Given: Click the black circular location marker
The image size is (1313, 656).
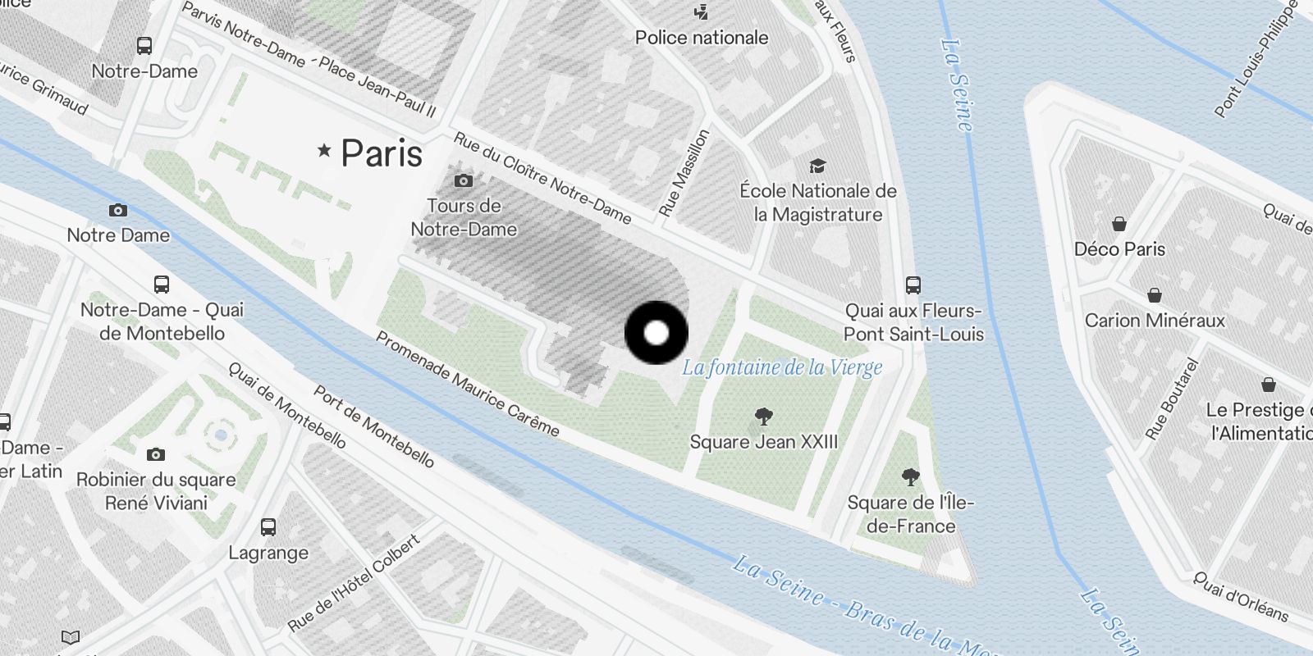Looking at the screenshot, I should click(x=656, y=333).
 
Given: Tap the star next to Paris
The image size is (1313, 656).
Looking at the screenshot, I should click(x=324, y=150).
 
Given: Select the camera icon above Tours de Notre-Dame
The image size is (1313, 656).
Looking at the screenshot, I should click(x=464, y=180).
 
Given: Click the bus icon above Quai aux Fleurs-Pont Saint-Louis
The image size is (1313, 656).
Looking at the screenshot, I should click(x=913, y=285).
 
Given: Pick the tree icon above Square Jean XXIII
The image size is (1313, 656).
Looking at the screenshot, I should click(x=764, y=417).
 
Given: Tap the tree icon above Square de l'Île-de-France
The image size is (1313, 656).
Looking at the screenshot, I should click(x=910, y=477).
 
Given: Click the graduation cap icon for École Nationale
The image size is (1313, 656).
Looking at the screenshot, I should click(x=817, y=166).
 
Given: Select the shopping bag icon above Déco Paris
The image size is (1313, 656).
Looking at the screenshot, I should click(x=1119, y=224).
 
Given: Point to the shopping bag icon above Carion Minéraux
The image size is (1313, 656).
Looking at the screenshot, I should click(x=1155, y=295).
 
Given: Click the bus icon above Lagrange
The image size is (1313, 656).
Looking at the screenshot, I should click(x=268, y=527).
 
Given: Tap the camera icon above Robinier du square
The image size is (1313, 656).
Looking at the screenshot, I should click(x=156, y=454).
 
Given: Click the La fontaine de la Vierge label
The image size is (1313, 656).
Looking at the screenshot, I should click(x=782, y=367).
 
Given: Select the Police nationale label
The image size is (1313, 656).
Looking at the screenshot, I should click(x=702, y=37).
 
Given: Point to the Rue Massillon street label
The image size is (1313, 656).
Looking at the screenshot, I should click(x=684, y=172).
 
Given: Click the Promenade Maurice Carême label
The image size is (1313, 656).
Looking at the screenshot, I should click(x=468, y=384).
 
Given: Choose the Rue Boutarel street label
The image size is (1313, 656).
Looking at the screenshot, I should click(x=1172, y=399).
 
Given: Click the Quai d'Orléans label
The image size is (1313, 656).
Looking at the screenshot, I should click(x=1241, y=597).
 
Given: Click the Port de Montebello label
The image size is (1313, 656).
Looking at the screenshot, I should click(x=374, y=427).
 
